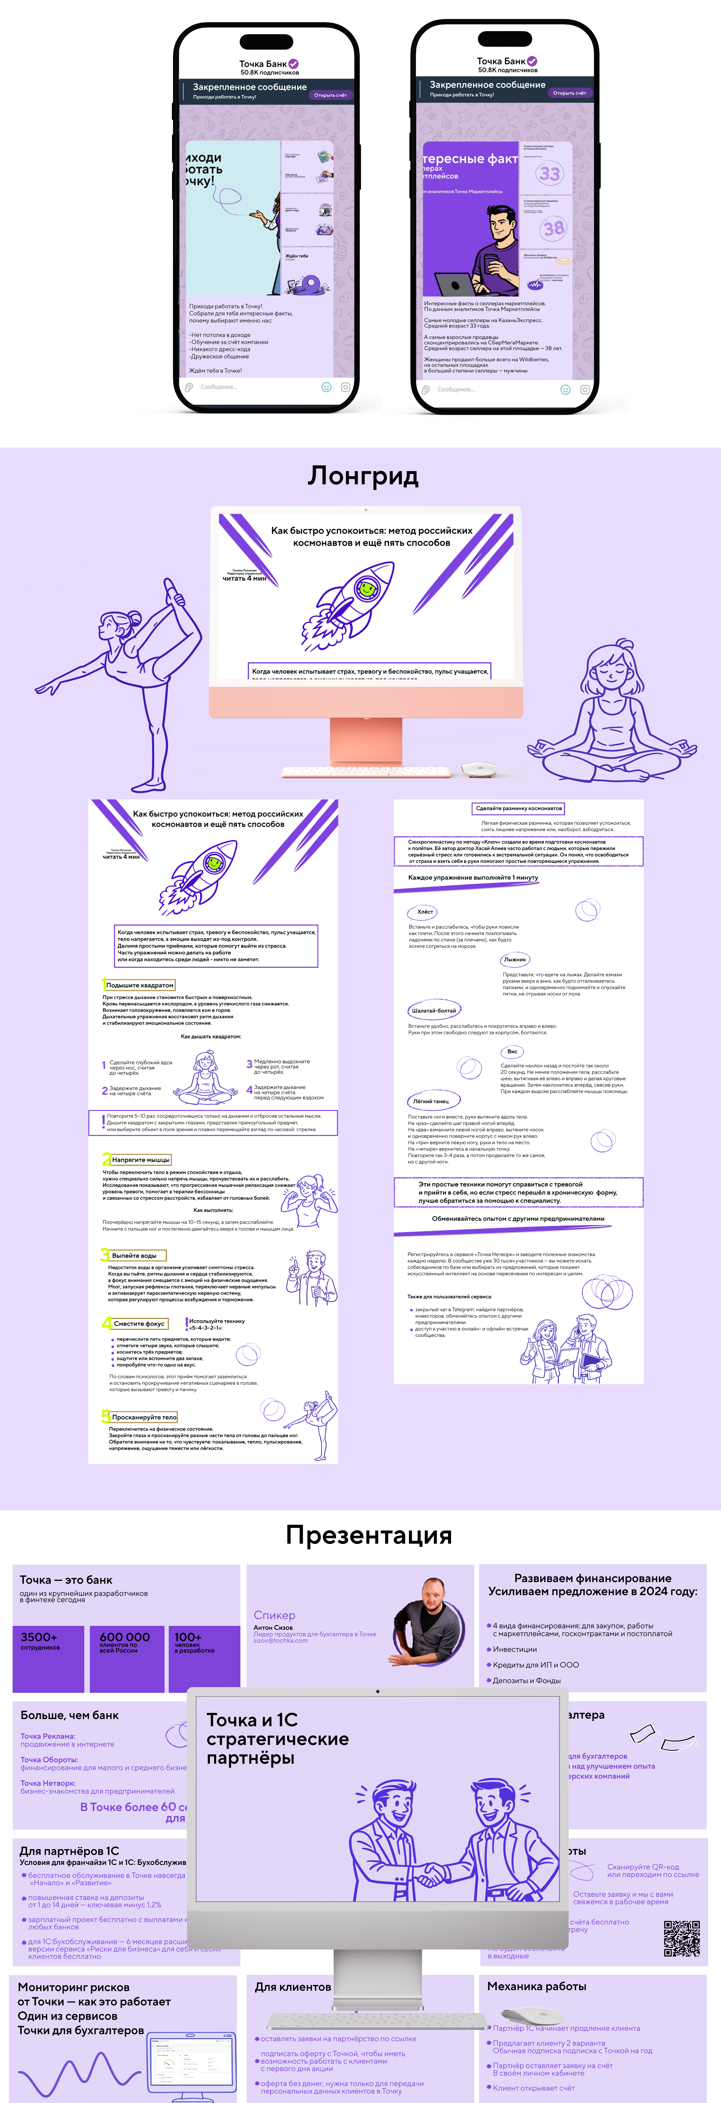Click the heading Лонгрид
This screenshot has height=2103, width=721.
363,476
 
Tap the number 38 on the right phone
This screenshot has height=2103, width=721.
554,229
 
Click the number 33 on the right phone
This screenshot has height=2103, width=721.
550,173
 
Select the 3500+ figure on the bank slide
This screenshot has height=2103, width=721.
39,1637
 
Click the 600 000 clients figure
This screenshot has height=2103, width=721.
124,1637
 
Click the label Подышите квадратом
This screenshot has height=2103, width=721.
140,985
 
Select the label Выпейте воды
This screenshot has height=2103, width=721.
135,1256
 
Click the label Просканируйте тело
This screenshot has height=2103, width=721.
144,1417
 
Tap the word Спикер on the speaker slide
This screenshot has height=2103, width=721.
274,1615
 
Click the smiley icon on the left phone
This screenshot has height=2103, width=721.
326,387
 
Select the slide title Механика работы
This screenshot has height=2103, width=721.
536,1986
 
